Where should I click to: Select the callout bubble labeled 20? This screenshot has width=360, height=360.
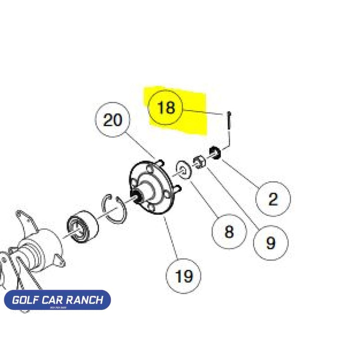click(112, 120)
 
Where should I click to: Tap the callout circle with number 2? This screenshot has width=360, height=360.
click(273, 198)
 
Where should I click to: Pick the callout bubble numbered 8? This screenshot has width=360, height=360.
click(229, 231)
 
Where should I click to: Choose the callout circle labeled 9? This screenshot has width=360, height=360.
click(270, 243)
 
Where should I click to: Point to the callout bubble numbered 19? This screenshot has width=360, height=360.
click(184, 275)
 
